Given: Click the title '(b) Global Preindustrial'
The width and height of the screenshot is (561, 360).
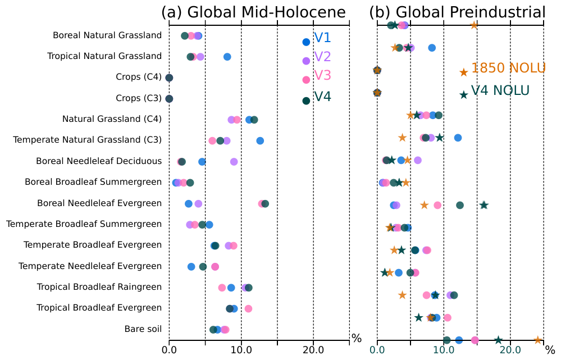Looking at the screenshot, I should tap(457, 12).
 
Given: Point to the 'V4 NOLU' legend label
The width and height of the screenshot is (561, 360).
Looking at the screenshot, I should tap(500, 91).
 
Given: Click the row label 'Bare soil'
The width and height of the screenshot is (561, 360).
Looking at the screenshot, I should tap(143, 329).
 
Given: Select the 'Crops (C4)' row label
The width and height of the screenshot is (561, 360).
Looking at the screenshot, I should tap(139, 77).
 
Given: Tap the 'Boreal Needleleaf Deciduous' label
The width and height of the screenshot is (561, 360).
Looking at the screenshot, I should tap(99, 161).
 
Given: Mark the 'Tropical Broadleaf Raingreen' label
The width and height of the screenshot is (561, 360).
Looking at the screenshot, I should tap(99, 287).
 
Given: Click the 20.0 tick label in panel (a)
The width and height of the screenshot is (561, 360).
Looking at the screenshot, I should tap(313, 350).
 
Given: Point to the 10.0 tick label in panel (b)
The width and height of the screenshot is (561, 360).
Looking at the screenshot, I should tap(444, 350).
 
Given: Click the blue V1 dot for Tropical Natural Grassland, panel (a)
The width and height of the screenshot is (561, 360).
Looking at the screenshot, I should tap(227, 57).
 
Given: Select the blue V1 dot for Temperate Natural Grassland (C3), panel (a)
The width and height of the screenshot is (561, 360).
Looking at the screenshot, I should tap(260, 140).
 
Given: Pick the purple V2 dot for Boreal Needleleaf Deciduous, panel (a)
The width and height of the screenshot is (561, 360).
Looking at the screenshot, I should tap(234, 162).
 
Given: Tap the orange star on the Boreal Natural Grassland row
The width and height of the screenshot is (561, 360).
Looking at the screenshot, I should tap(473, 25).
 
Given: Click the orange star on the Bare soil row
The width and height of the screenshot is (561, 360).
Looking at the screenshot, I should tap(537, 340).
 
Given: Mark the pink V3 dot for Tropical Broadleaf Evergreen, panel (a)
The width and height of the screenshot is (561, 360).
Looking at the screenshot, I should tap(248, 308).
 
